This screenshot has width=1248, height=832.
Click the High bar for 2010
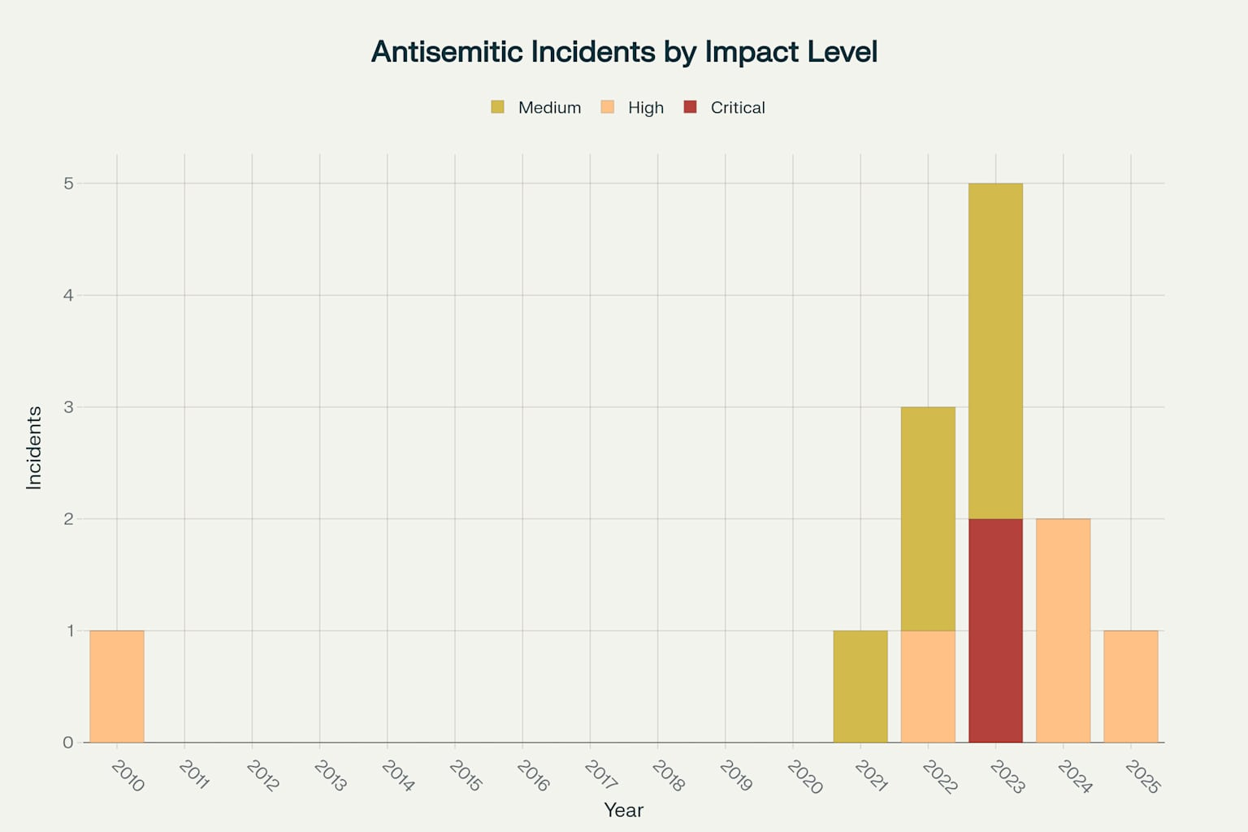tap(117, 687)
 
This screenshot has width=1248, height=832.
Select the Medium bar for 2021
tap(860, 687)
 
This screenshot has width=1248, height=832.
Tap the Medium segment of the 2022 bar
tap(928, 518)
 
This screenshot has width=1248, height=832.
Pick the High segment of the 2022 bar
tap(928, 687)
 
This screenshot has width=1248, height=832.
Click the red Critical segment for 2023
tap(995, 630)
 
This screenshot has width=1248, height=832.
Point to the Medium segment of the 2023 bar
tap(995, 351)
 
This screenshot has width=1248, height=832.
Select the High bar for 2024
tap(1063, 630)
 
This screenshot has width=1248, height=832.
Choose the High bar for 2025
tap(1130, 687)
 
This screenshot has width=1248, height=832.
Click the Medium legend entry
tap(536, 107)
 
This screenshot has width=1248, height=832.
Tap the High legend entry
tap(633, 107)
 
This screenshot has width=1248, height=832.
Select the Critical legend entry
tap(725, 107)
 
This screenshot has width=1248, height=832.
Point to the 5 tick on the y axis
tap(68, 184)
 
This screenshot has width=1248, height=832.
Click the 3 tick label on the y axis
tap(68, 407)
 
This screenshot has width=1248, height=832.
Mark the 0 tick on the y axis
tap(68, 743)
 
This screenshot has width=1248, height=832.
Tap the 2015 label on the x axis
tap(465, 776)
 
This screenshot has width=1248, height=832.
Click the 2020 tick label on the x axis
tap(804, 777)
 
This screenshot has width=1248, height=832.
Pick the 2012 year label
tap(262, 776)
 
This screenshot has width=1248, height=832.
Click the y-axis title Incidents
tap(34, 448)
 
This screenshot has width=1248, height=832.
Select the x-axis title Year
tap(623, 810)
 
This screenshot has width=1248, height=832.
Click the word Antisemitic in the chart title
tap(447, 52)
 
